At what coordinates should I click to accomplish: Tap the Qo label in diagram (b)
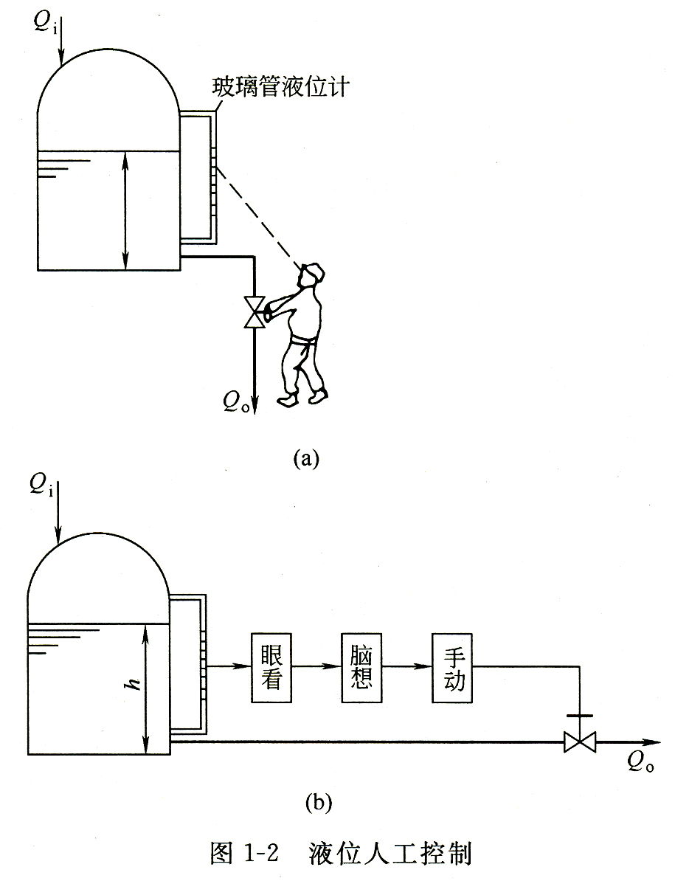coord(640,764)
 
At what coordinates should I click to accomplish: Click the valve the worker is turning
coord(256,312)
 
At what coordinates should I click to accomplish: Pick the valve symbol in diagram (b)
coord(579,742)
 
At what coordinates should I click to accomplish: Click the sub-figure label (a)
coord(306,458)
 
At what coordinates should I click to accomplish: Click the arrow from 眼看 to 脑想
coord(316,666)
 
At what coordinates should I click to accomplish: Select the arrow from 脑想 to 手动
coord(406,666)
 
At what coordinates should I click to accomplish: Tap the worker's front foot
coord(287,400)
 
